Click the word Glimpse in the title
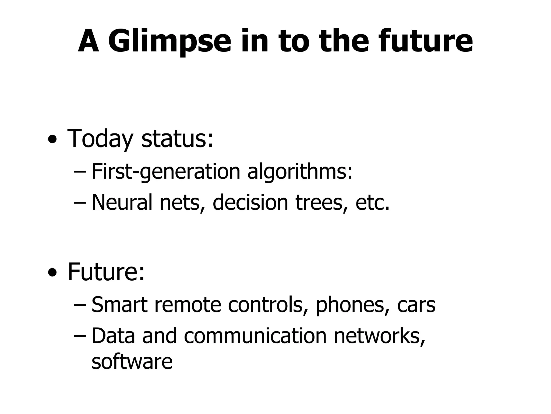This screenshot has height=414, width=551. (x=169, y=42)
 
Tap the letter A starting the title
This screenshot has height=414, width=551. (x=88, y=42)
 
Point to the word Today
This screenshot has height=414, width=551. (x=100, y=139)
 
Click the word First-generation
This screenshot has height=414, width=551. (x=166, y=172)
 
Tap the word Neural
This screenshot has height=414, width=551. (x=122, y=202)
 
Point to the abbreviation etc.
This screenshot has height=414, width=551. (x=372, y=202)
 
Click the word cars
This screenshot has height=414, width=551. (x=416, y=305)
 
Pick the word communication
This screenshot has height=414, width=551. (x=255, y=336)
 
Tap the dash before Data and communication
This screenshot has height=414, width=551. (x=80, y=336)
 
